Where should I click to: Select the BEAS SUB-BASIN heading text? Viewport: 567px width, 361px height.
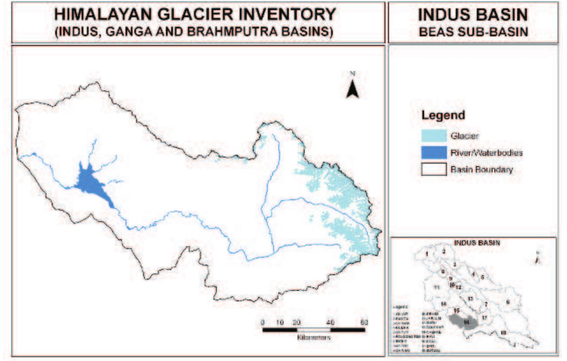tap(473, 32)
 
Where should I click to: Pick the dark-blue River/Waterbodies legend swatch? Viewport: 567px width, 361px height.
tap(434, 153)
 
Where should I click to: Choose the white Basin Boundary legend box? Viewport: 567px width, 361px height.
tap(434, 170)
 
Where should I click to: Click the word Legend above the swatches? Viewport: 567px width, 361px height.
tap(443, 115)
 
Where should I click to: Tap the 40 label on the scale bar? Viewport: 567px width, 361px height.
tap(330, 322)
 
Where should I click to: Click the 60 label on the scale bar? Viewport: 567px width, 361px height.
tap(364, 322)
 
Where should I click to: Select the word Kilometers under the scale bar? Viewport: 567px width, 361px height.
tap(314, 338)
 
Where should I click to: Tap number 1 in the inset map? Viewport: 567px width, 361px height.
tap(427, 253)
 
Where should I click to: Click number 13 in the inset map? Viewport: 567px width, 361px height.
tap(470, 299)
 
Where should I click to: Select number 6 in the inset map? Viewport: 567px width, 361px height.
tap(507, 302)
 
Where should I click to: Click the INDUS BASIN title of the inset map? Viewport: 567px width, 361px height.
tap(477, 243)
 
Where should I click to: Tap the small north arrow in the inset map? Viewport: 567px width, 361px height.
tap(537, 260)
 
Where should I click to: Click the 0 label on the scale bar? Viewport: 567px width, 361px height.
tap(263, 322)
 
